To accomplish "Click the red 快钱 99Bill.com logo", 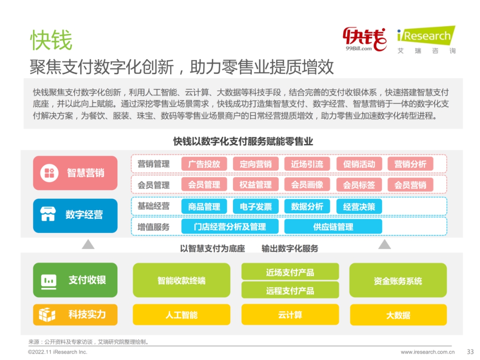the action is tap(364, 39).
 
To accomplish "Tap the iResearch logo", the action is tap(426, 40).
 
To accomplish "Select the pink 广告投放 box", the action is tap(204, 164).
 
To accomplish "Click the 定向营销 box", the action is tap(256, 164).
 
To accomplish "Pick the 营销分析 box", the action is tap(410, 164).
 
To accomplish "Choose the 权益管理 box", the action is tap(256, 184).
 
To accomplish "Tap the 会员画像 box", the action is tap(307, 184).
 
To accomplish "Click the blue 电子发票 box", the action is tap(256, 207).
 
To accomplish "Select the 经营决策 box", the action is tap(359, 207).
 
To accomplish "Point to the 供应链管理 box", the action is tap(333, 227).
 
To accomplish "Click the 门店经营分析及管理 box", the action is tap(230, 227).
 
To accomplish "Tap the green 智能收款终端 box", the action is tap(181, 280).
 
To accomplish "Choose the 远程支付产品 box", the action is tap(290, 290).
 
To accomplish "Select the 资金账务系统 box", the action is tap(398, 280).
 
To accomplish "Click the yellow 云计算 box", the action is tap(290, 314).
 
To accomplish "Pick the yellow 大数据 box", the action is tap(398, 314).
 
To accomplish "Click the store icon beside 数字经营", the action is tap(48, 214).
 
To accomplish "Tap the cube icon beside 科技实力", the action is tap(47, 315).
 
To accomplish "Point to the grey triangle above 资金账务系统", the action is tap(384, 244).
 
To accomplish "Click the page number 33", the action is tap(470, 352).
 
